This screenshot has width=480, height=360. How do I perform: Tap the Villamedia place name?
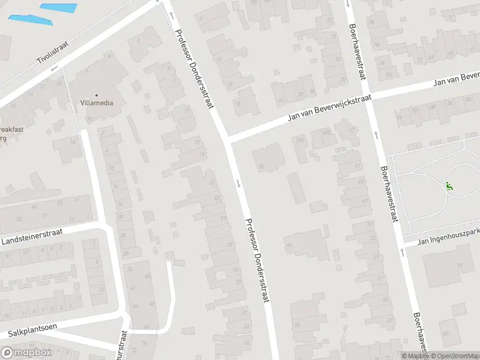[x=96, y=103]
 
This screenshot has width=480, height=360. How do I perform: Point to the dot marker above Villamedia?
[x=96, y=94]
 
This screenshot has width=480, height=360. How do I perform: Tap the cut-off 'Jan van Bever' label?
[x=457, y=83]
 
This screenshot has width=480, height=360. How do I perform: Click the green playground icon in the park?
[x=449, y=185]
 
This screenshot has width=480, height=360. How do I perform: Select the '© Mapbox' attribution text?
[x=416, y=356]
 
